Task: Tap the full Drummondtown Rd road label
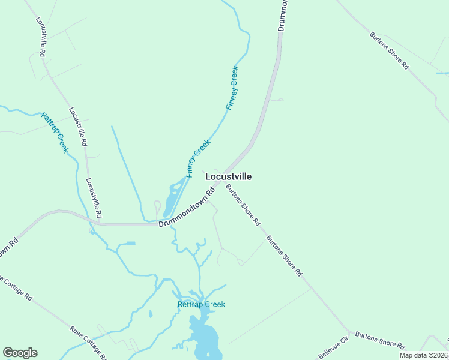tap(187, 208)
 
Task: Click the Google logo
tap(20, 353)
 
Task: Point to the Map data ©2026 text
tap(424, 355)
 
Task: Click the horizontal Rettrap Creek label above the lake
tap(201, 304)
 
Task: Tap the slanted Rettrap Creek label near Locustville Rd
tap(55, 132)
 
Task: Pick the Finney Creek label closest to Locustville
tap(199, 158)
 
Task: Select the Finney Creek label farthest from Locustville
tap(232, 88)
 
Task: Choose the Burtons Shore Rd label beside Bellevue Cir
tap(379, 339)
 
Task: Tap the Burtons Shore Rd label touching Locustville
tap(243, 205)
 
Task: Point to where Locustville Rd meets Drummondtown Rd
tap(99, 224)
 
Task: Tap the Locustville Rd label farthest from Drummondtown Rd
tap(41, 37)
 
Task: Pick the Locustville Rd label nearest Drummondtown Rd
tap(94, 198)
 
